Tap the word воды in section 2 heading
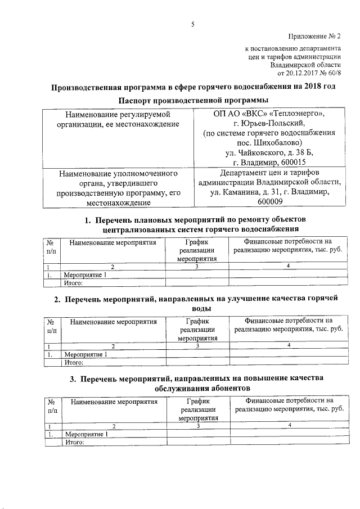192,308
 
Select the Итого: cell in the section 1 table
75,282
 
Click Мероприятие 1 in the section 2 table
85,354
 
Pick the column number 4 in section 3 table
289,426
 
